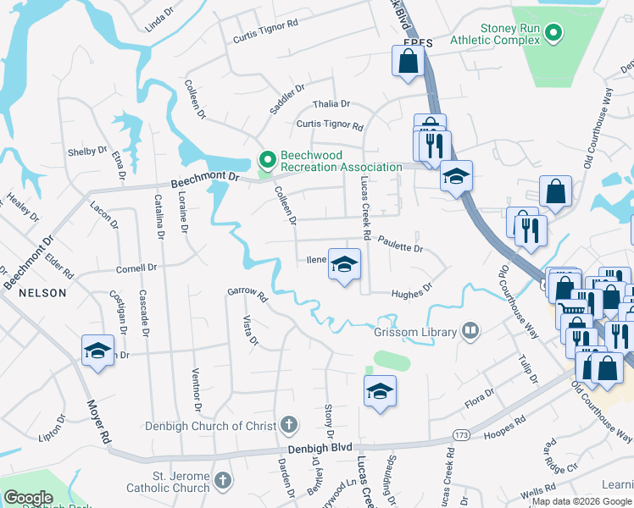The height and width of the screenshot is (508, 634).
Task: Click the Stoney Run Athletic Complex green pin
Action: coord(553,35)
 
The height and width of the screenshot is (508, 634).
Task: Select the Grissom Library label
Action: coord(415,332)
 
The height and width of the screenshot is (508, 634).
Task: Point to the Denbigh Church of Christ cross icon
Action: coord(289,424)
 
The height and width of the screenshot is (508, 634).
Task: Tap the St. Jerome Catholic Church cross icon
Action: coord(222,481)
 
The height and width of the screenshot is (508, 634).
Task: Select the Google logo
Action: coord(28,498)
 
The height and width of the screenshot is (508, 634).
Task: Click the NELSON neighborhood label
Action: coord(41,293)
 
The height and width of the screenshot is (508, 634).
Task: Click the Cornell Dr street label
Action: coord(137,268)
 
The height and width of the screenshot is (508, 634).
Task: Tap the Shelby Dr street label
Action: coord(87,152)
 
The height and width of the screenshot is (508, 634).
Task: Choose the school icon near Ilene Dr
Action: coord(344,265)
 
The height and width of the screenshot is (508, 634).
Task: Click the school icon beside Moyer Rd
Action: coord(97,351)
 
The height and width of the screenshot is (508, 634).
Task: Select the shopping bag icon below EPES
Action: coord(408,61)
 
